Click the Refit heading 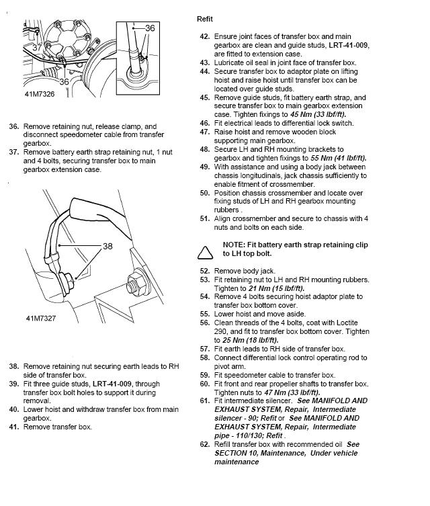204,19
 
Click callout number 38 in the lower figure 107,246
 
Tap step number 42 205,36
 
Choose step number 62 205,444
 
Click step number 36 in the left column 13,126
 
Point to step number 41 13,427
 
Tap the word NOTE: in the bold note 238,246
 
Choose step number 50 205,193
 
